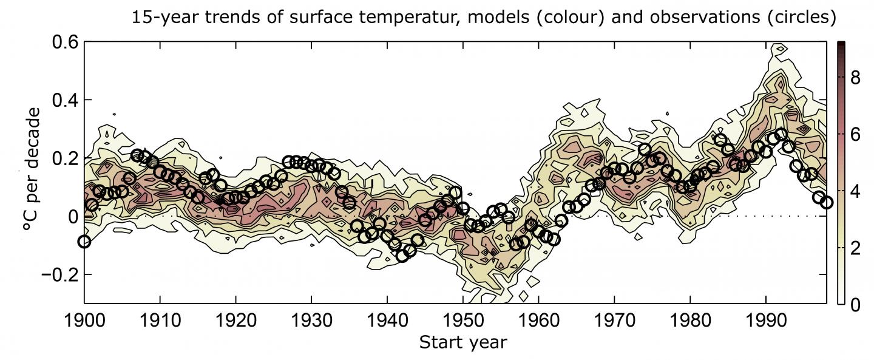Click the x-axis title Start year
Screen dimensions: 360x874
462,343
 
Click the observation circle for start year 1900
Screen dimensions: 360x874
84,242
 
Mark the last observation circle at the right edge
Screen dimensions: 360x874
826,202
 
